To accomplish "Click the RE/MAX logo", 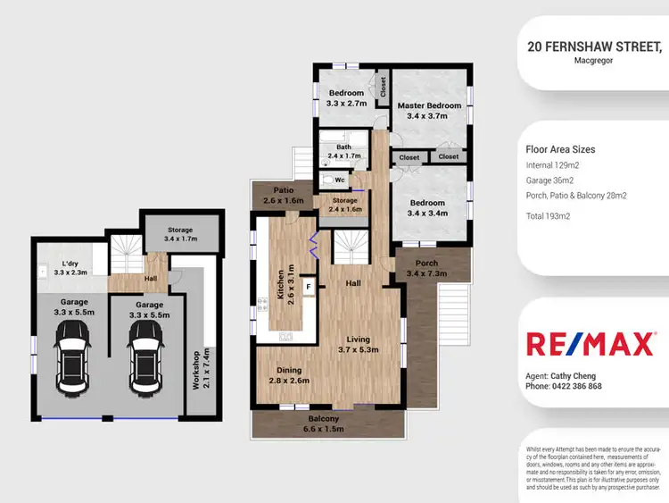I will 591,344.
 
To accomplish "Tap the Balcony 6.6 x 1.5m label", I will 324,424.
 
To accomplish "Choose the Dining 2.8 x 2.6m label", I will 289,375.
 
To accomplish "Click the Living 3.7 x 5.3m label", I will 358,345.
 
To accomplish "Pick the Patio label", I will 285,196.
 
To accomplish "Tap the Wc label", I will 340,180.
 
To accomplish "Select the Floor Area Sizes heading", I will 561,149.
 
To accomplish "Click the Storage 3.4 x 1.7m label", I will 181,235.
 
